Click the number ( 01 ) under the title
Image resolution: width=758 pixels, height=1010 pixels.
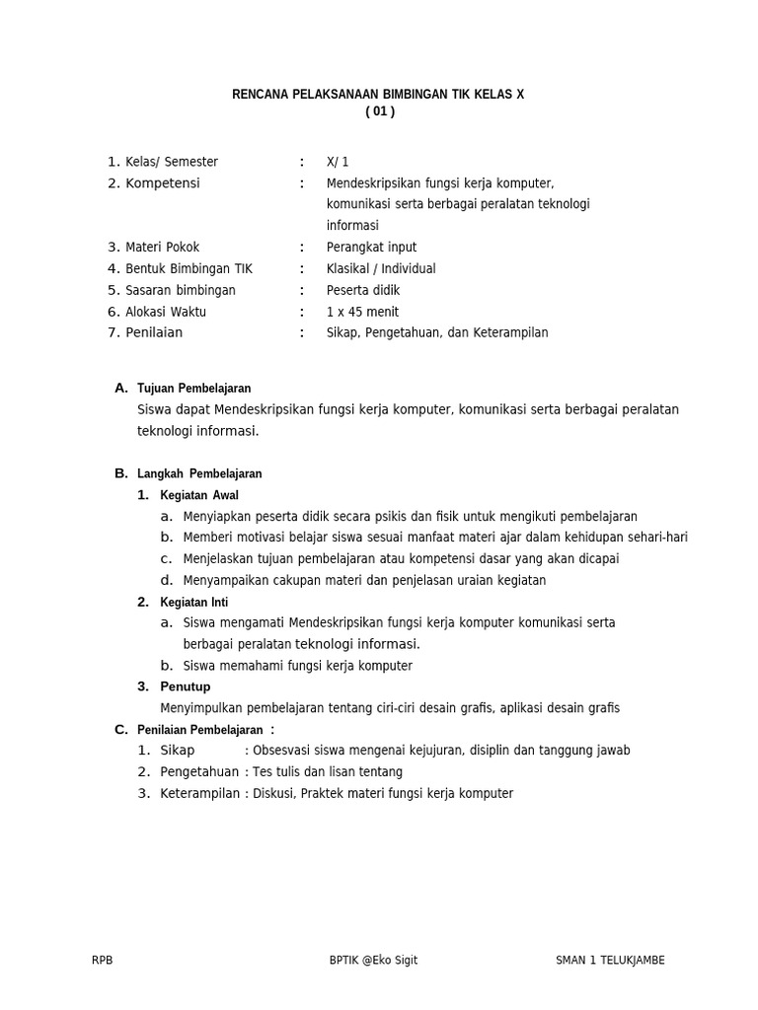tap(379, 111)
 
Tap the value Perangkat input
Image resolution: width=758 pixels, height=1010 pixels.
tap(371, 248)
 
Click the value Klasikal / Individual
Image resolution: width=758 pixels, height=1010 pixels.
tap(381, 269)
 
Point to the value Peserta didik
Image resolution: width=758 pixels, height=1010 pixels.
tap(363, 291)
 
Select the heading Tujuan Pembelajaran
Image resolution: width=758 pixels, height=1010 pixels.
tap(193, 389)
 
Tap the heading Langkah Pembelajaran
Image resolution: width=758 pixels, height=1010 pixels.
tap(199, 473)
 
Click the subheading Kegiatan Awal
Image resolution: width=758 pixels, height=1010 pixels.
tap(199, 495)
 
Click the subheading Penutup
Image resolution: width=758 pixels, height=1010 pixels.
tap(186, 686)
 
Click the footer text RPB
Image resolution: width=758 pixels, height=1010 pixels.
tap(102, 961)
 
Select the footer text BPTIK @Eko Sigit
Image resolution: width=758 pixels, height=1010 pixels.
tap(373, 961)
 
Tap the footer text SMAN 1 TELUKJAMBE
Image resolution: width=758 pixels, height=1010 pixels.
tap(610, 961)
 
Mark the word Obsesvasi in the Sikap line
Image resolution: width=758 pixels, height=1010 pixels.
tap(281, 751)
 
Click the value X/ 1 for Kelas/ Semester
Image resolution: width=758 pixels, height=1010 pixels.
tap(338, 162)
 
